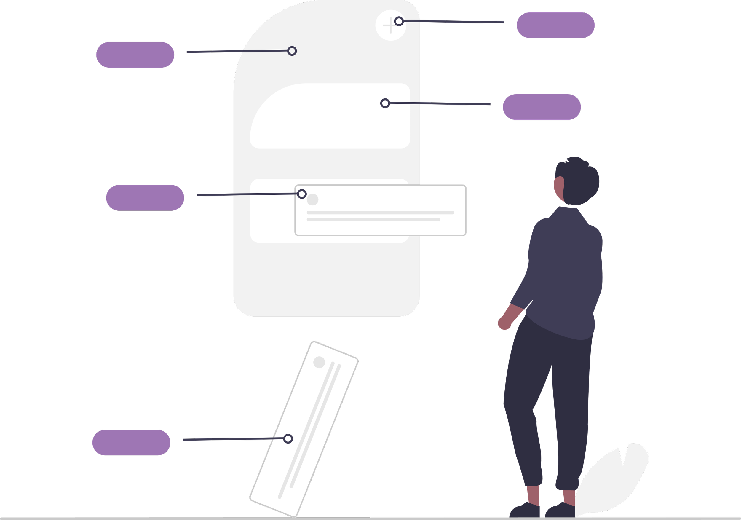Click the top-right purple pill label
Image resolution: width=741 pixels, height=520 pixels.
click(555, 25)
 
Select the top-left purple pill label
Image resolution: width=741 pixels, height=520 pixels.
click(135, 55)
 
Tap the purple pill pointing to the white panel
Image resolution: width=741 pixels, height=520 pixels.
click(542, 107)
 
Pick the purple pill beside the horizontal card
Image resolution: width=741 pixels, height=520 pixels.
click(145, 197)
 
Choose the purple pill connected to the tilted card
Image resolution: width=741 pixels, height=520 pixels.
click(131, 443)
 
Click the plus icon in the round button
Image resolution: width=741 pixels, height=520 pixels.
click(389, 25)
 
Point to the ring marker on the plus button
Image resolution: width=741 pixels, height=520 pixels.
click(399, 21)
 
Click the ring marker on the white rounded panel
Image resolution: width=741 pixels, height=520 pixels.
click(385, 103)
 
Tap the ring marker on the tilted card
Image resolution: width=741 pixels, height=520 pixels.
click(288, 439)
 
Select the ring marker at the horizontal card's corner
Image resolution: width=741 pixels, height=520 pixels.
click(302, 194)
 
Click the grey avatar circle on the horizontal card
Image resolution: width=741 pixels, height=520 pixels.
click(312, 200)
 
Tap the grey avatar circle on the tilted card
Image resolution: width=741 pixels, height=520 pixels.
click(319, 362)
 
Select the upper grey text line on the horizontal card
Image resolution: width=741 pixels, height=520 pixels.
click(380, 213)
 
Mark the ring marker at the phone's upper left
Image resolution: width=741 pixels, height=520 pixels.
click(292, 51)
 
